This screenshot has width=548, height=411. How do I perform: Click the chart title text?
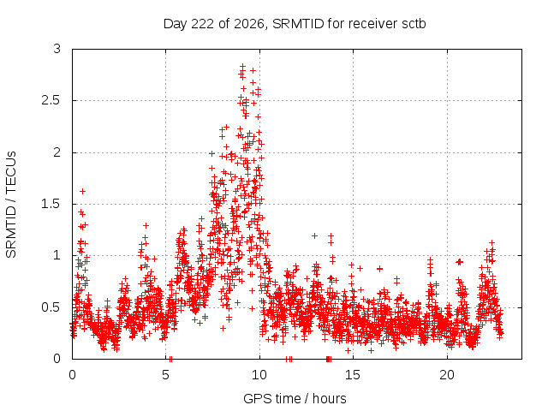[295, 24]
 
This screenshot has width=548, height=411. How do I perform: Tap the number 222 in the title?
[203, 24]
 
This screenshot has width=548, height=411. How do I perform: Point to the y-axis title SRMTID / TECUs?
[11, 205]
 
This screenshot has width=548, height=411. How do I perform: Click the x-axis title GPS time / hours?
[295, 398]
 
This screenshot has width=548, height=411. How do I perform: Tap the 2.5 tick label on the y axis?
[51, 101]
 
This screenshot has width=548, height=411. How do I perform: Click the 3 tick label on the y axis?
[57, 49]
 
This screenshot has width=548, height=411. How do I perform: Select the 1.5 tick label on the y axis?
[51, 204]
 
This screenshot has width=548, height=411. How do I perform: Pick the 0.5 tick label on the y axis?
[51, 307]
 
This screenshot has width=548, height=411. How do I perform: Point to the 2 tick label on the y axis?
[57, 152]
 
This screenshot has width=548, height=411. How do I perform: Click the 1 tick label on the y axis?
[57, 255]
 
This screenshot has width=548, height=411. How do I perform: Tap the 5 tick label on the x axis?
[165, 375]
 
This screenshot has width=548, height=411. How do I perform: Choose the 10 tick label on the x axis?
[259, 375]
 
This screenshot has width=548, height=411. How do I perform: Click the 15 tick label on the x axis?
[353, 375]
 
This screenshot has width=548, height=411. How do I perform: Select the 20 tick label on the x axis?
[447, 375]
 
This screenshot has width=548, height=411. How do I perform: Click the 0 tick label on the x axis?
[72, 375]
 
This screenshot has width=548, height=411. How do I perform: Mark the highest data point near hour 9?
[242, 65]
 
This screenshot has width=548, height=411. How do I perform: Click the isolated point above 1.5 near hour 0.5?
[82, 191]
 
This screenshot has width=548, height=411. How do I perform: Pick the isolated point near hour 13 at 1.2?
[314, 236]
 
